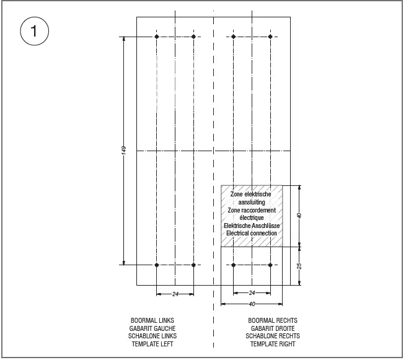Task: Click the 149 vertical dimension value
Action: tap(124, 151)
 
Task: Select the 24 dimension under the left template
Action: tap(175, 294)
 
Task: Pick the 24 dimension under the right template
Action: tap(252, 292)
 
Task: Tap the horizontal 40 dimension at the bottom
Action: tap(252, 304)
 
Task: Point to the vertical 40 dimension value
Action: tap(299, 216)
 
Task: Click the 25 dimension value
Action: tap(299, 266)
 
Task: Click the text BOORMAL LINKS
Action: tap(152, 321)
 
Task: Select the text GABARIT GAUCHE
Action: tap(152, 328)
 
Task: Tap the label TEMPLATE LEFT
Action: tap(152, 344)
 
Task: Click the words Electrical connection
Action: tap(251, 233)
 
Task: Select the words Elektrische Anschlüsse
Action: tap(251, 226)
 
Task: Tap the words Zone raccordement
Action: tap(251, 210)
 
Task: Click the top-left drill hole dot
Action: tap(157, 37)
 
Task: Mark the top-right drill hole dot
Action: tap(271, 37)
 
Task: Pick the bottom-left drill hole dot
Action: tap(157, 265)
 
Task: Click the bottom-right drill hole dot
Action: tap(271, 265)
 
